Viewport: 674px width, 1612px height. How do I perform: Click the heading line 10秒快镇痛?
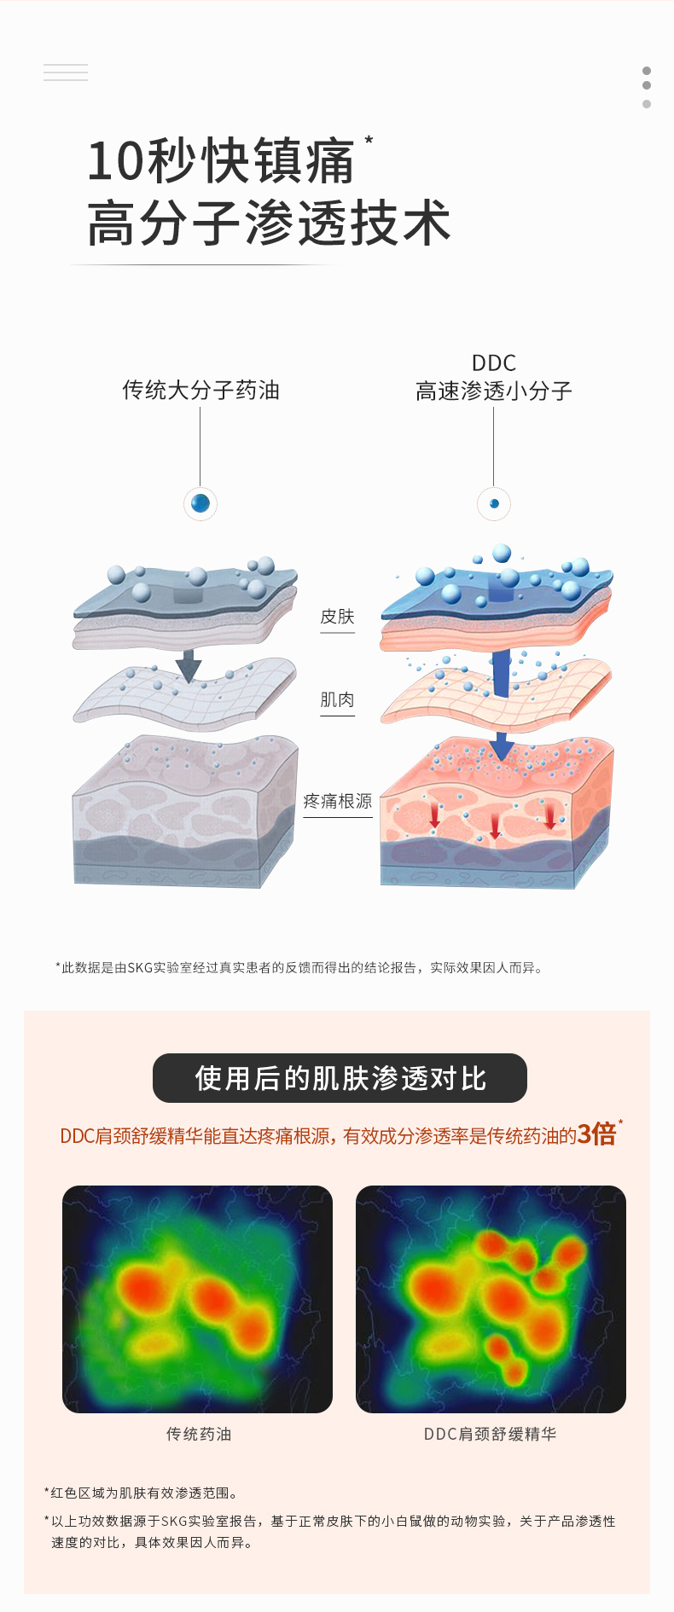[220, 161]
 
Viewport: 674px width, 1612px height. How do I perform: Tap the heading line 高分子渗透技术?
[269, 223]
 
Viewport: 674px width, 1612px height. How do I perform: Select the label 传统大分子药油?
[200, 391]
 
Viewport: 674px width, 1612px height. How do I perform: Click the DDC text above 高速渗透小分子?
[493, 362]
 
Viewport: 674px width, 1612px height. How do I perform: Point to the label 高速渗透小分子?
[493, 391]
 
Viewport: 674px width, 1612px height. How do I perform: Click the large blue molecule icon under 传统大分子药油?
[200, 503]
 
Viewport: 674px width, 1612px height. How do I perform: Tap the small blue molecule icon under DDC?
[493, 503]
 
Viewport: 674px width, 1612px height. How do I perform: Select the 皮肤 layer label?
[337, 617]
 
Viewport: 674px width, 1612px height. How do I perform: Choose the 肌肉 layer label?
[337, 700]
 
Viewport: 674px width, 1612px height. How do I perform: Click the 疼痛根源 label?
[338, 801]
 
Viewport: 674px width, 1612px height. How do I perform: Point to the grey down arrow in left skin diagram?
[189, 665]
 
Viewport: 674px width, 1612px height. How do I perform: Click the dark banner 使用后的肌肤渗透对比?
[340, 1078]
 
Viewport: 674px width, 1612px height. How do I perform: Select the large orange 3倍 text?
[596, 1134]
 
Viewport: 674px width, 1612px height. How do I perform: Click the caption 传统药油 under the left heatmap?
[199, 1435]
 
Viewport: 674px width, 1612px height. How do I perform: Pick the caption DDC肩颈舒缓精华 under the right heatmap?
[490, 1435]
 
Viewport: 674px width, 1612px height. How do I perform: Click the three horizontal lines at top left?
[66, 72]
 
